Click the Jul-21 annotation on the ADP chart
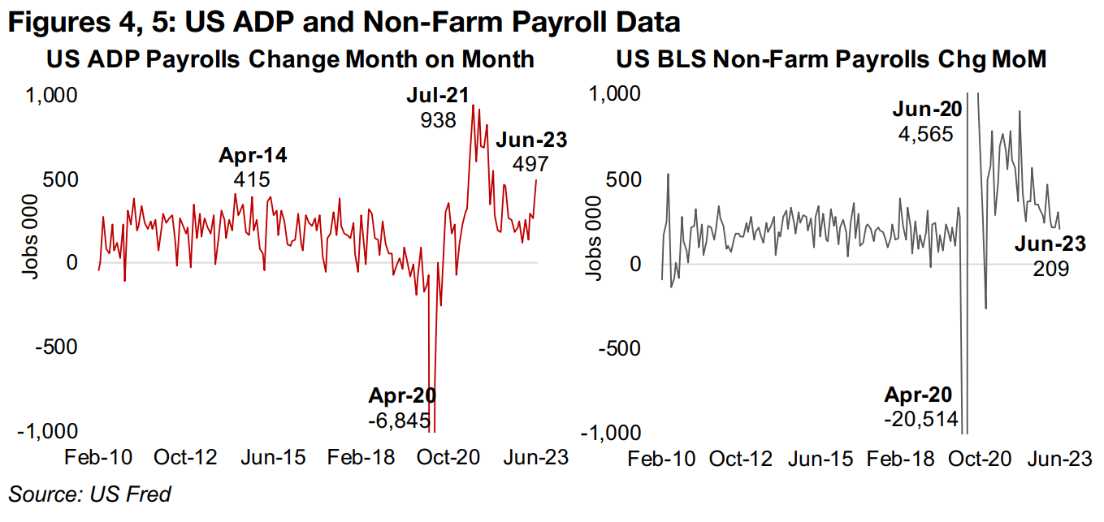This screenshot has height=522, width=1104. point(437,96)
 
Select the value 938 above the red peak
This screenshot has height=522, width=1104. point(437,120)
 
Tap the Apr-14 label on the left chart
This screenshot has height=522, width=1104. point(253,155)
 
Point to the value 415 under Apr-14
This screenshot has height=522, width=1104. point(253,179)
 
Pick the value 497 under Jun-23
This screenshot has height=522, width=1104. point(530,164)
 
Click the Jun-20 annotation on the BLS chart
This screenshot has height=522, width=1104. point(924,110)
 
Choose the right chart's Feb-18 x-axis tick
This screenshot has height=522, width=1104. point(906,459)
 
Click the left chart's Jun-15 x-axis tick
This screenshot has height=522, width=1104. point(274,457)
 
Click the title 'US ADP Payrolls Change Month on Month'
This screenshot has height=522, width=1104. point(290,60)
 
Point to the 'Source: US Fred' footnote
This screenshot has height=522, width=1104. point(90,494)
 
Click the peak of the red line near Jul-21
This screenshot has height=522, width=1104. point(474,106)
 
